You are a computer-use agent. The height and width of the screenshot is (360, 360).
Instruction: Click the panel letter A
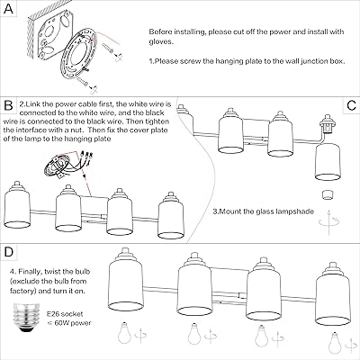[8, 9]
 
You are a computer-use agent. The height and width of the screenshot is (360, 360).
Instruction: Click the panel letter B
[8, 105]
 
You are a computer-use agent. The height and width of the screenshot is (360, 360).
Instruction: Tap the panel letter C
[351, 105]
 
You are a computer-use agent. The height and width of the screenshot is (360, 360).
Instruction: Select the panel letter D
[9, 252]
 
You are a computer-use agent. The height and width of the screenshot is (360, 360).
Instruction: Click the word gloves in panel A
[161, 41]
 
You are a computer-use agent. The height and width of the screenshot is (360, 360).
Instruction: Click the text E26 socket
[65, 314]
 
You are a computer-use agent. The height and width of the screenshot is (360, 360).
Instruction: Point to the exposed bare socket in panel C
[328, 124]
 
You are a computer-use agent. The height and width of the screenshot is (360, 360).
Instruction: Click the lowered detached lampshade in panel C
[328, 161]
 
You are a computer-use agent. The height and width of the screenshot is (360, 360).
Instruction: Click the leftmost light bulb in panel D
[123, 333]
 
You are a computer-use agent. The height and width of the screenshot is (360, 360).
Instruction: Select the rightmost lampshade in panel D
[333, 294]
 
